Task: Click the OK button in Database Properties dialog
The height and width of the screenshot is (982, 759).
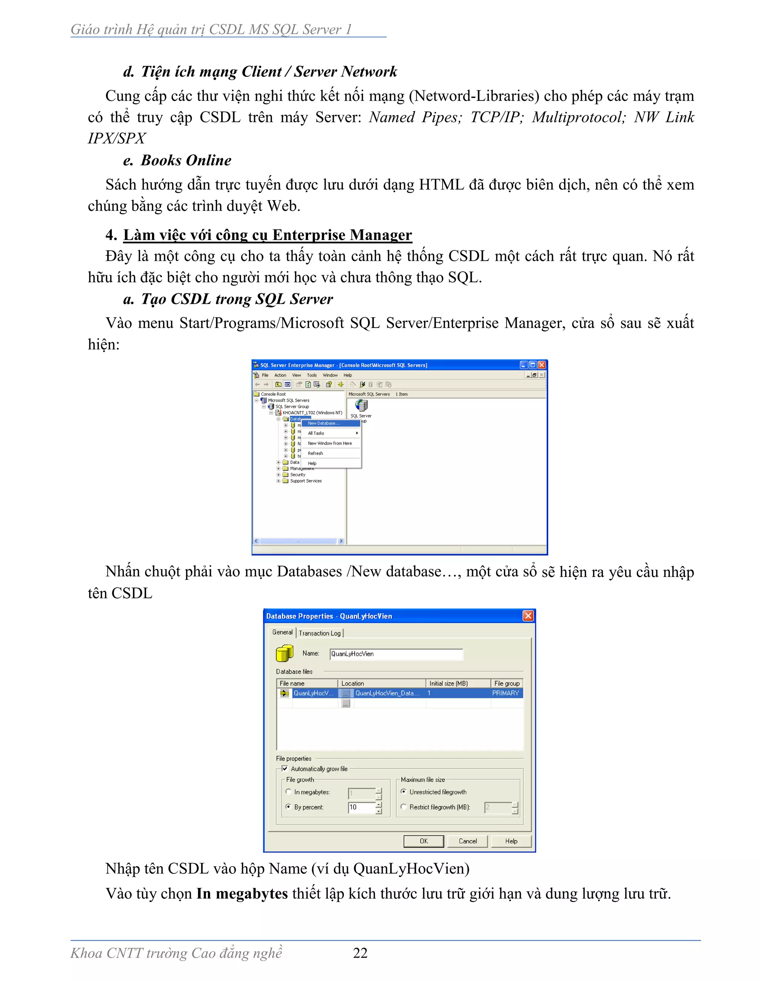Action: (x=423, y=841)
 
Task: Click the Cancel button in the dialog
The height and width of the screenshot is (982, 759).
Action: (x=467, y=841)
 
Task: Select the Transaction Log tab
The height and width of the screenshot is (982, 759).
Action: (x=320, y=633)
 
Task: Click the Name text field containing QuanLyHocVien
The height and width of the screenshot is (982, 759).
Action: (x=396, y=654)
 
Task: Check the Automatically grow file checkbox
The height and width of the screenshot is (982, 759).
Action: (x=285, y=769)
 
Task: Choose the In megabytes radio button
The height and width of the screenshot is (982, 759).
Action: (x=289, y=792)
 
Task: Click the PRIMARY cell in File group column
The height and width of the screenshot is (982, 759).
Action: (x=506, y=693)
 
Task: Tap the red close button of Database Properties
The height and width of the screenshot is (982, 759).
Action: (x=528, y=616)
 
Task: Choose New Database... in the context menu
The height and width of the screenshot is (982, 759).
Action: (x=324, y=423)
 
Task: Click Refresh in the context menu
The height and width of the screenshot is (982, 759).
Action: (x=315, y=453)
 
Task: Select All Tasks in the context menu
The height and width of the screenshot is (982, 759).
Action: (x=316, y=433)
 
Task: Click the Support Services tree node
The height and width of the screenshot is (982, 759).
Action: (x=306, y=481)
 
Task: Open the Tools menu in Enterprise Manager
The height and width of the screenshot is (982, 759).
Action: (x=312, y=375)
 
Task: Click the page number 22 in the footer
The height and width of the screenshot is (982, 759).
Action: (x=360, y=952)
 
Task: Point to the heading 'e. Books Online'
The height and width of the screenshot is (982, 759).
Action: (x=177, y=160)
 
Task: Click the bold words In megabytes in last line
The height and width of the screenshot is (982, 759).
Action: (x=242, y=893)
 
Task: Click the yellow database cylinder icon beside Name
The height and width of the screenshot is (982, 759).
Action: (x=285, y=653)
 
